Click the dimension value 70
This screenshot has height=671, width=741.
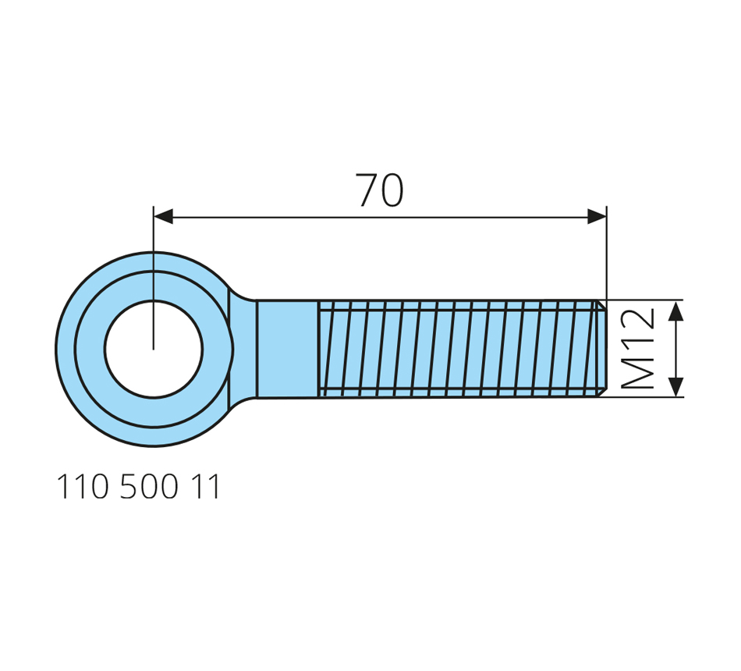point(380,190)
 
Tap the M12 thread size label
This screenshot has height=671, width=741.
point(637,349)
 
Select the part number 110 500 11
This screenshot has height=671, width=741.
point(139,487)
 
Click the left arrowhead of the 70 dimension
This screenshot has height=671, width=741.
point(163,218)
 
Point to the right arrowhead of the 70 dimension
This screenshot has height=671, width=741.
point(597,218)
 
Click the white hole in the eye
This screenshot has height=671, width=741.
point(154,349)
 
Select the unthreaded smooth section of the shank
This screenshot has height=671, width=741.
point(287,349)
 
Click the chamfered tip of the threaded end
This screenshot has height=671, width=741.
point(601,349)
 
